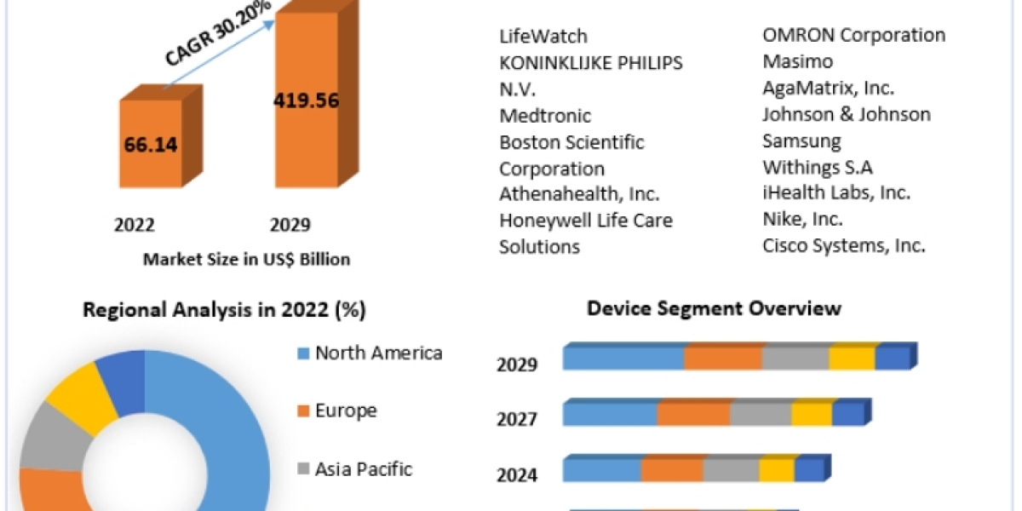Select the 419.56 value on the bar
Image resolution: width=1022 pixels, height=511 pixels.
pos(307,100)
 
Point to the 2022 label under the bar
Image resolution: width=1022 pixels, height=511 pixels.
pos(135,225)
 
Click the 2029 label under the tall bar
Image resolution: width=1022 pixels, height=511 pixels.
pos(290,225)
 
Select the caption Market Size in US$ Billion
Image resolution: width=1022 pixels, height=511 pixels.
pos(246,259)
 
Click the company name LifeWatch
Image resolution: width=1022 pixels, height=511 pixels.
pos(543,37)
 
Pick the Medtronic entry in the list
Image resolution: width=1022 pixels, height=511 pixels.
pos(545,115)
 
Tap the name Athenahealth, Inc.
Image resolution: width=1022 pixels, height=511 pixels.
pos(579,193)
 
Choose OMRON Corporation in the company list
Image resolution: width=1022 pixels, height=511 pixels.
pos(853,36)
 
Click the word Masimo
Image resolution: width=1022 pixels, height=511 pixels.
pos(798,61)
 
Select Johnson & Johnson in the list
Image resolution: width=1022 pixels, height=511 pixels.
pos(847,114)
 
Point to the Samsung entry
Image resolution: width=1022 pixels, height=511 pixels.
pos(801,141)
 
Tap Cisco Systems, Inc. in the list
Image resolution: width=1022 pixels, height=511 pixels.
pos(843,245)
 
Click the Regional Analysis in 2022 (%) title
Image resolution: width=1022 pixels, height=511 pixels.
pos(224,310)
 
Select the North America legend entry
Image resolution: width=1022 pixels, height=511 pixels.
pos(378,353)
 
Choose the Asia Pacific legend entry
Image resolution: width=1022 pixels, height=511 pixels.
pos(363,468)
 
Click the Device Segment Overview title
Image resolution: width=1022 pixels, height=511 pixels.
pos(714,307)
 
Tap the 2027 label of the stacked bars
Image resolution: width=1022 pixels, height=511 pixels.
pos(517,419)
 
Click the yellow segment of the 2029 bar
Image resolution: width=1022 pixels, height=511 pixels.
pos(852,359)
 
